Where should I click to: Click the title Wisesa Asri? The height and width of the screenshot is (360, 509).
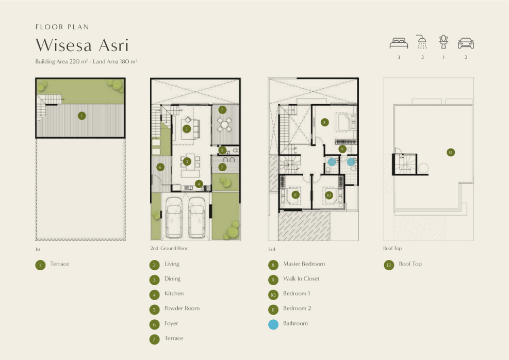point(82,45)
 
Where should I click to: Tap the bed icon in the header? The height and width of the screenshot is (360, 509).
point(399,43)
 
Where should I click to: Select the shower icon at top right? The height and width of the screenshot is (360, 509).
point(422,42)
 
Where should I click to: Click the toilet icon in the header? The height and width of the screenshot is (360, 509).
point(444,42)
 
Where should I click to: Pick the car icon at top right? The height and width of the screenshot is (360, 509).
point(466,43)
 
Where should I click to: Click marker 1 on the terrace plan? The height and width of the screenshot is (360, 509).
point(82,116)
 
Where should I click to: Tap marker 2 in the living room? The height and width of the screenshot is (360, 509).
point(186,129)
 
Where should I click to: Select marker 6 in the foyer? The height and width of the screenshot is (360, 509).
point(160,167)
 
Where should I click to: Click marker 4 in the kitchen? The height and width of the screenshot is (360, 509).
point(199,184)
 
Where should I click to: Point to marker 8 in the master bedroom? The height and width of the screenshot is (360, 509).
point(324,122)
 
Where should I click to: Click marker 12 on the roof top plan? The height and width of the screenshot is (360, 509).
point(451,152)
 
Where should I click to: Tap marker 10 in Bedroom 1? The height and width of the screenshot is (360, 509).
point(329,195)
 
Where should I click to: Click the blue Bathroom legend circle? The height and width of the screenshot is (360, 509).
point(273,324)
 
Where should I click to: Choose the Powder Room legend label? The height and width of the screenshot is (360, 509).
point(182,308)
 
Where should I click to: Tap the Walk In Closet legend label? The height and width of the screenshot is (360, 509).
point(301,279)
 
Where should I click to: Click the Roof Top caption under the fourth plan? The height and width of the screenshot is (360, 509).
point(392,248)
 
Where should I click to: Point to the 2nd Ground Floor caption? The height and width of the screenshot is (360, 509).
point(169,248)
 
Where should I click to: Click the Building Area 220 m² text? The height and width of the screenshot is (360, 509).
point(61,61)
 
